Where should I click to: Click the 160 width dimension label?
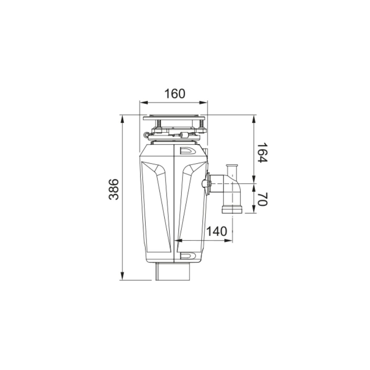[175, 94]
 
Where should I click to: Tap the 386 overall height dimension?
[113, 190]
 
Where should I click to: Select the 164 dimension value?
[262, 152]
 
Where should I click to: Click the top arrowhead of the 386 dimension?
[122, 119]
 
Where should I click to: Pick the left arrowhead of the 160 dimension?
[144, 103]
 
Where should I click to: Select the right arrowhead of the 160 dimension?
[203, 103]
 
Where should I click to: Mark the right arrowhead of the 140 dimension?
[228, 240]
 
